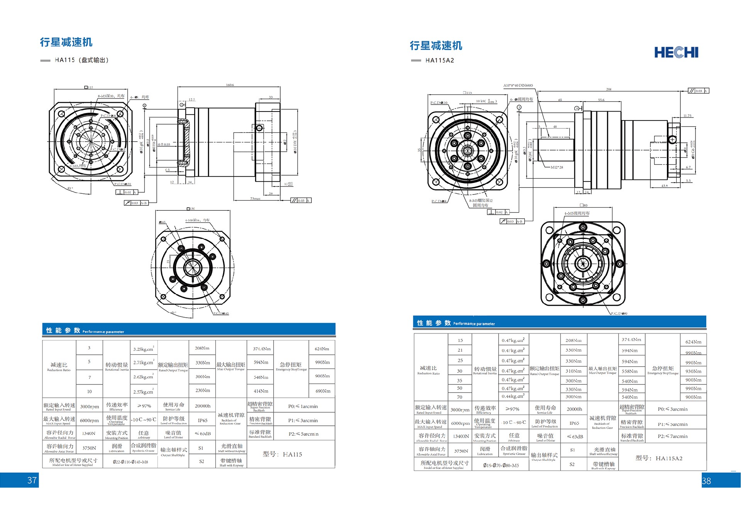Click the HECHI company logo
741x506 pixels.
(x=676, y=52)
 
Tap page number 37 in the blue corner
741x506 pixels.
(x=32, y=480)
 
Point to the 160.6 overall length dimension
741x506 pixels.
(x=230, y=85)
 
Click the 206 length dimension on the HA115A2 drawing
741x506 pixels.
(x=609, y=89)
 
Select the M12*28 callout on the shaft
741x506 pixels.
(x=557, y=167)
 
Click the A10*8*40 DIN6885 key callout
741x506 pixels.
(x=518, y=85)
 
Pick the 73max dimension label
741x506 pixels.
(x=255, y=199)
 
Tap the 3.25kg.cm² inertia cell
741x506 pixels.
(x=143, y=349)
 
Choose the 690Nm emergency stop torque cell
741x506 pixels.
(x=323, y=391)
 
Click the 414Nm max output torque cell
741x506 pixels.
(x=261, y=391)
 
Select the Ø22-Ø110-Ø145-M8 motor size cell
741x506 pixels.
(x=130, y=462)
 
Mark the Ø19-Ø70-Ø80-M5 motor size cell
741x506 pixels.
(x=501, y=465)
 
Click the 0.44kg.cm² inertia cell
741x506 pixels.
(x=513, y=396)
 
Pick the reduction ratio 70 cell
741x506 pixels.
(x=460, y=397)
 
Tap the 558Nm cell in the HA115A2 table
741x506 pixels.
(x=629, y=371)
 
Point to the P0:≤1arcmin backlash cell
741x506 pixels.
(x=303, y=406)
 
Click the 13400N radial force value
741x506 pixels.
(x=461, y=436)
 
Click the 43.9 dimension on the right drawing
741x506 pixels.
(x=664, y=186)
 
